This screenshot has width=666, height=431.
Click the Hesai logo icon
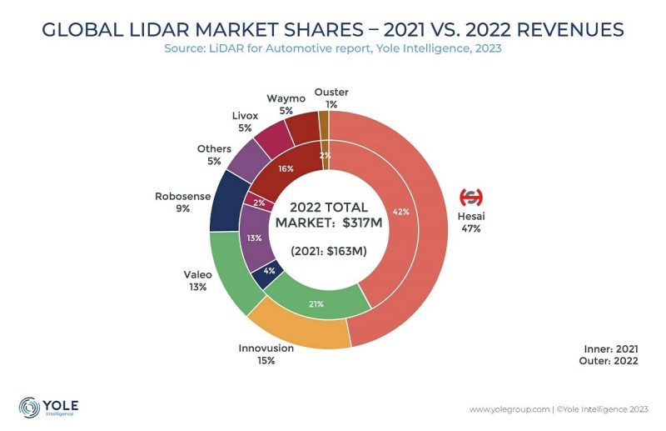click(x=471, y=198)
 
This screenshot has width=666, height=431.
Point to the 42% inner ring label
click(x=401, y=212)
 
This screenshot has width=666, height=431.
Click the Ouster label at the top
click(x=331, y=92)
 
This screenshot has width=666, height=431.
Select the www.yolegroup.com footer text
click(x=507, y=409)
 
